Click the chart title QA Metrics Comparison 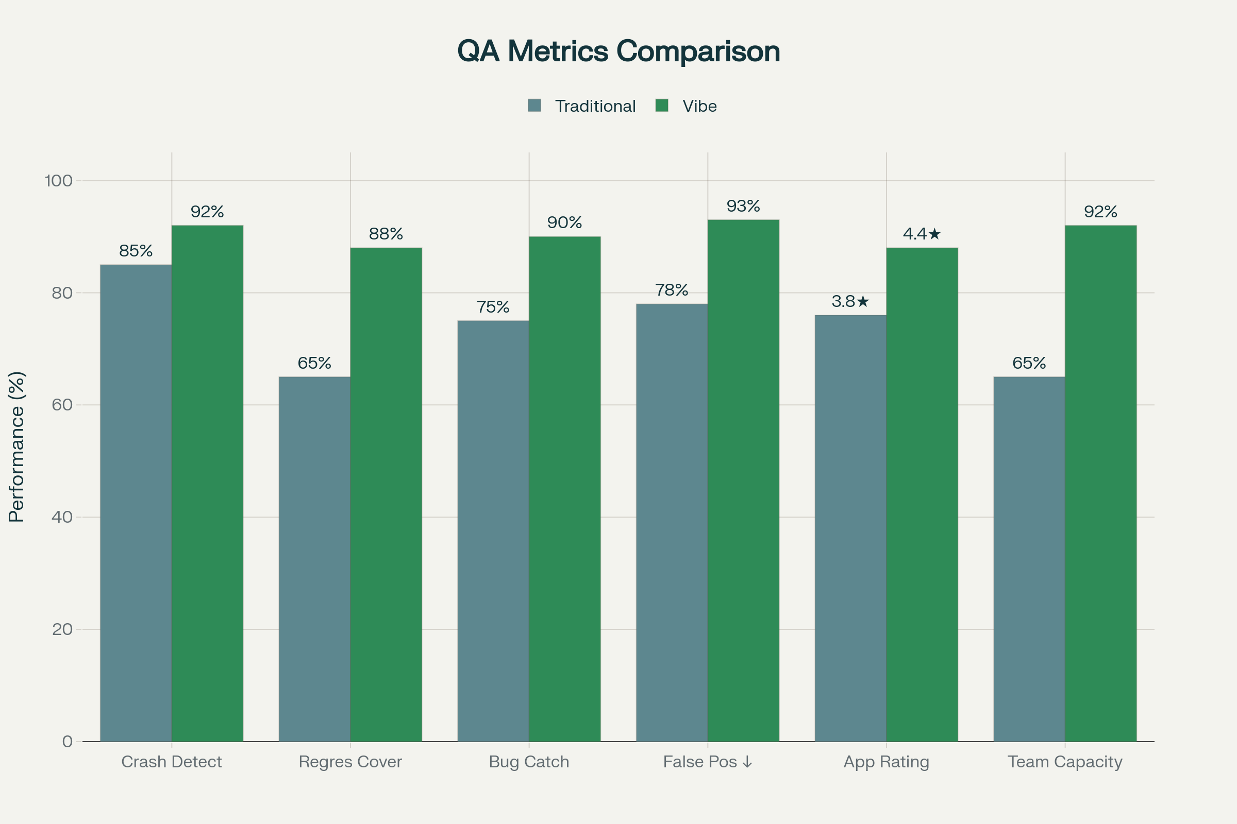618,51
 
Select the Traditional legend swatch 534,106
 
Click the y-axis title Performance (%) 17,447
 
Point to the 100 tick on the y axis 58,181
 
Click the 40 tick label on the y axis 62,517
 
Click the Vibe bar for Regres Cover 386,494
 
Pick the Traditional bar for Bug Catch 493,531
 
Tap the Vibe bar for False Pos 743,480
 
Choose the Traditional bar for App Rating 850,528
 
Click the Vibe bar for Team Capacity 1100,484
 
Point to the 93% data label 743,206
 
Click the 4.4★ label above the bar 922,234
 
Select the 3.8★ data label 850,302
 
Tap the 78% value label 672,290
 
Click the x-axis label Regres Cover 350,762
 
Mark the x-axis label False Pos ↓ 707,762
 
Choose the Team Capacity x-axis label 1065,762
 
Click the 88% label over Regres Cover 386,234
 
